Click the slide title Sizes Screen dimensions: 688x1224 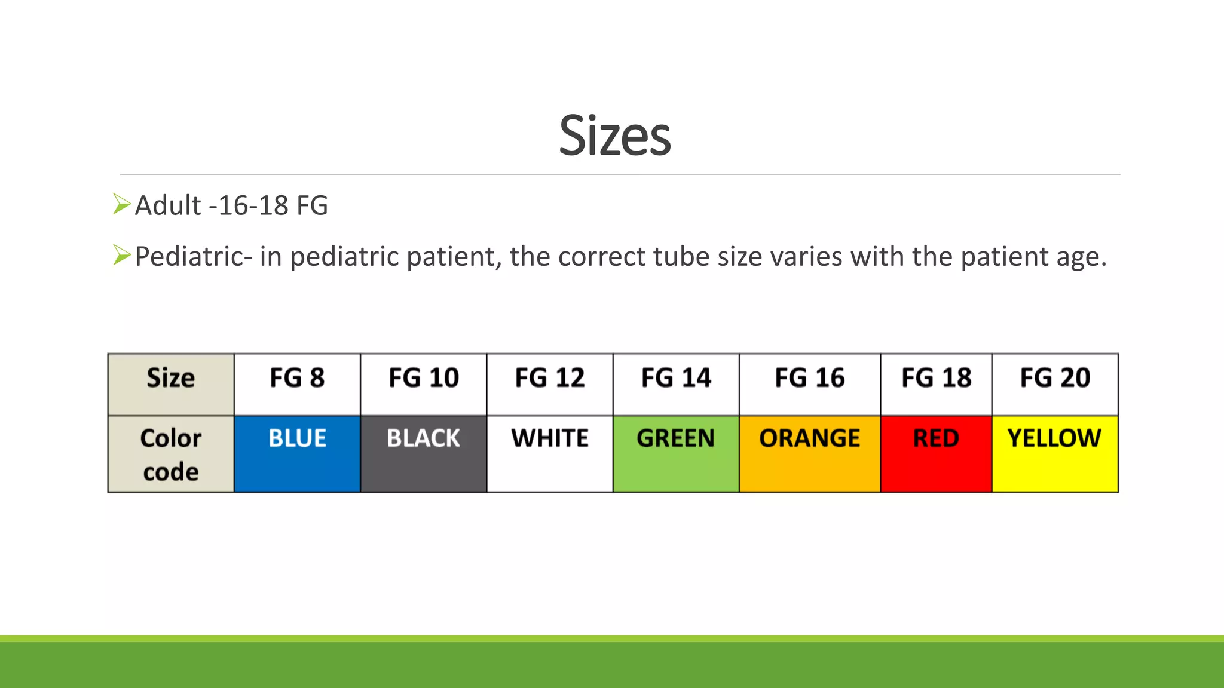tap(614, 136)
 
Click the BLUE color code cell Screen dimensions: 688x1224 tap(297, 453)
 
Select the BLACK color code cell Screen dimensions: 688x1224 tap(423, 453)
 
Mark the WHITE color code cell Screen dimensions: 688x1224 tap(549, 453)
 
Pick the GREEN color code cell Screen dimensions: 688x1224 tap(676, 453)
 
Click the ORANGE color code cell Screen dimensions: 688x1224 tap(809, 453)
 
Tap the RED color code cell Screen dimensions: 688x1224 tap(936, 453)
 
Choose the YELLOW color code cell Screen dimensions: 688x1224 tap(1055, 453)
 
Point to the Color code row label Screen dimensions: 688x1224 tap(171, 454)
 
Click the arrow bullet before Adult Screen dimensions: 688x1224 tap(121, 204)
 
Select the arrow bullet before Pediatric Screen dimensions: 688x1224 tap(121, 256)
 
